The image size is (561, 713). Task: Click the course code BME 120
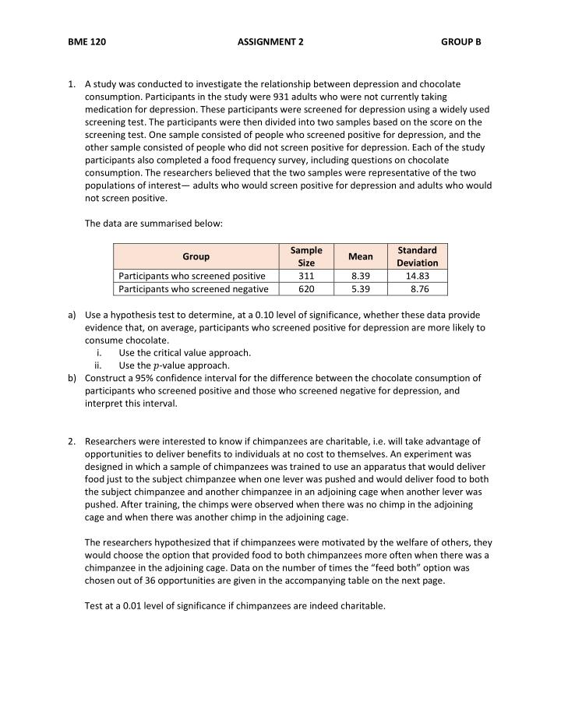pos(87,41)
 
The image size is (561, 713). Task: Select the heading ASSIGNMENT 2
pos(270,41)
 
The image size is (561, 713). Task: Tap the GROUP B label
pos(461,41)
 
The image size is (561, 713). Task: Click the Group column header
pos(196,256)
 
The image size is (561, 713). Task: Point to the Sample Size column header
pos(306,256)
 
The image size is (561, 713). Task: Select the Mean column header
pos(361,256)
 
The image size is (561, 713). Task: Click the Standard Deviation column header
pos(417,256)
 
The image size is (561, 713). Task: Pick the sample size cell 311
pos(306,276)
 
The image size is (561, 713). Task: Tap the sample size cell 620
pos(306,289)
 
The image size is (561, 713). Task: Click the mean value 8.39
pos(361,276)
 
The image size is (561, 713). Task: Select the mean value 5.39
pos(361,289)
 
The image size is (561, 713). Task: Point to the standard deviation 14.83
pos(418,276)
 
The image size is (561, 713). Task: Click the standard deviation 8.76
pos(419,289)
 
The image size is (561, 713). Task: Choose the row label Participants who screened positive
pos(192,276)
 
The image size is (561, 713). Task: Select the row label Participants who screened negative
pos(193,289)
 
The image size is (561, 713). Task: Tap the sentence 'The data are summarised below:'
pos(153,224)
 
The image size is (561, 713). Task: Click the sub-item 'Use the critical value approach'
pos(185,352)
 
